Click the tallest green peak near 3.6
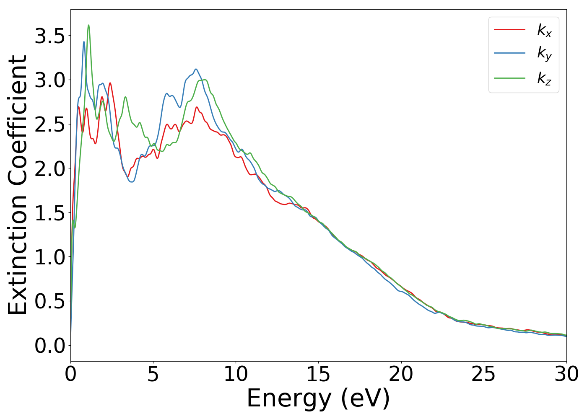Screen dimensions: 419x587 (x=88, y=25)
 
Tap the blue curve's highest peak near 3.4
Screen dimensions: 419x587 (x=84, y=41)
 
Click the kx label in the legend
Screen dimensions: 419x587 (x=544, y=30)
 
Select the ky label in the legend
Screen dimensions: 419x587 (x=544, y=54)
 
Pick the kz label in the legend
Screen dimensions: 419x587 (x=544, y=78)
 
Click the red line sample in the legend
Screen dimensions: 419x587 (x=509, y=29)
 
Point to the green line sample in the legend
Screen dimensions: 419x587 (x=509, y=78)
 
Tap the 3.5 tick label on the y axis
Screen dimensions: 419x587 (x=50, y=36)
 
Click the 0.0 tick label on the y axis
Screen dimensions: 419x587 (x=50, y=346)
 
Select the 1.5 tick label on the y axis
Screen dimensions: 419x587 (x=50, y=213)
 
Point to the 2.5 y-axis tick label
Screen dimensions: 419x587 (x=50, y=125)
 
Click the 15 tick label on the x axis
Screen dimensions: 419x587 (x=318, y=374)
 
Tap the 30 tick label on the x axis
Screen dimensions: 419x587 (x=566, y=374)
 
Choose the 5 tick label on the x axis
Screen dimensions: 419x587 (x=153, y=374)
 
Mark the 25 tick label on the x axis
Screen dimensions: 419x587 (x=483, y=374)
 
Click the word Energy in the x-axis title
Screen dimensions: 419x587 (x=290, y=398)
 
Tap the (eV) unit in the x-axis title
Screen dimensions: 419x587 (x=365, y=398)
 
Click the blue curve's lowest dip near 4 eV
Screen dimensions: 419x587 (x=132, y=182)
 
